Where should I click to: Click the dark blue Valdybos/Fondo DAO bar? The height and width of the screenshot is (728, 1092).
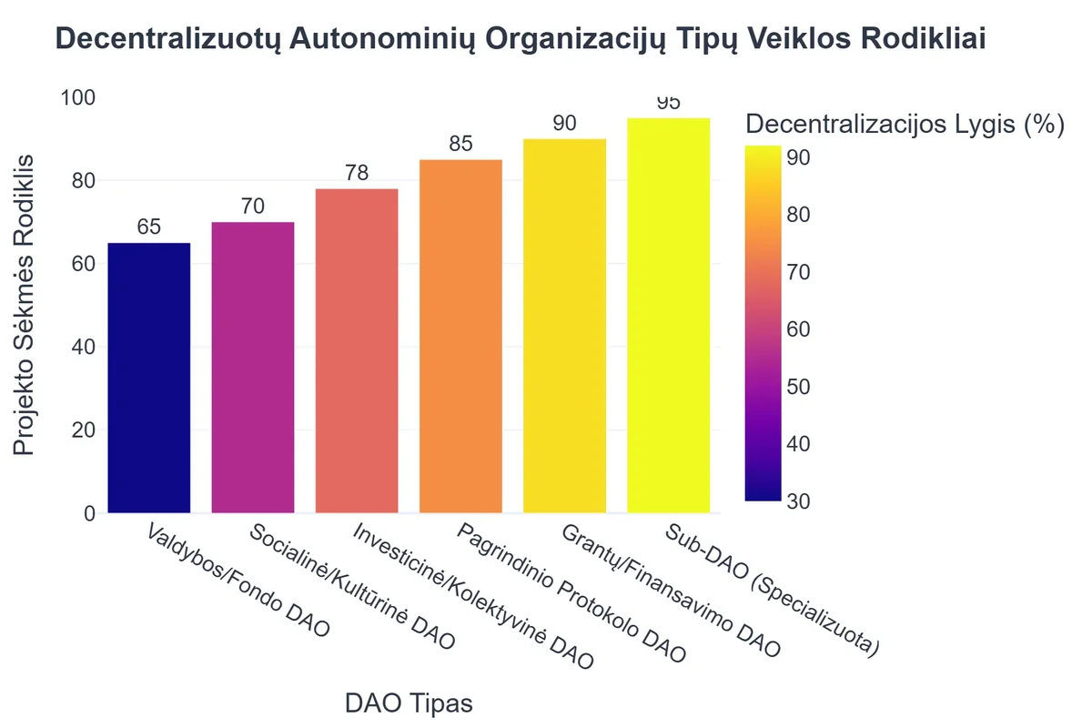(149, 378)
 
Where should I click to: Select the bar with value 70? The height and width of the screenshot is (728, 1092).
(253, 368)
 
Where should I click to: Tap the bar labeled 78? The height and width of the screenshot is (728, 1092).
(357, 351)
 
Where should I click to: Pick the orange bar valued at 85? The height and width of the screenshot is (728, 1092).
(460, 337)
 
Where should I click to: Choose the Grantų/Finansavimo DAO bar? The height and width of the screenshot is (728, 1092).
(565, 326)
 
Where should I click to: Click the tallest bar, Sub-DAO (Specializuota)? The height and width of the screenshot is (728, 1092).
(669, 316)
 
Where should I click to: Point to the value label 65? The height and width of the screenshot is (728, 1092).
(149, 227)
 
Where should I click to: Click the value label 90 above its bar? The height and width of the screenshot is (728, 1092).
(565, 124)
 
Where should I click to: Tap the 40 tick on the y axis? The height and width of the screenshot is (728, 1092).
(84, 347)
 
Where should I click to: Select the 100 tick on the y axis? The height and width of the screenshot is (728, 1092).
(77, 97)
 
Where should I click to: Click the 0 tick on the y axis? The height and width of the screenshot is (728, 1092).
(89, 513)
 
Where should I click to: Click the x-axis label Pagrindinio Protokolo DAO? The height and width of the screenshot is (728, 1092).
(571, 592)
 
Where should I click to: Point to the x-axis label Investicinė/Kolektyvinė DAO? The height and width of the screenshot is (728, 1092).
(473, 597)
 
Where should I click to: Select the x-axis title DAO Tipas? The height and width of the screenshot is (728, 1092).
(409, 703)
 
